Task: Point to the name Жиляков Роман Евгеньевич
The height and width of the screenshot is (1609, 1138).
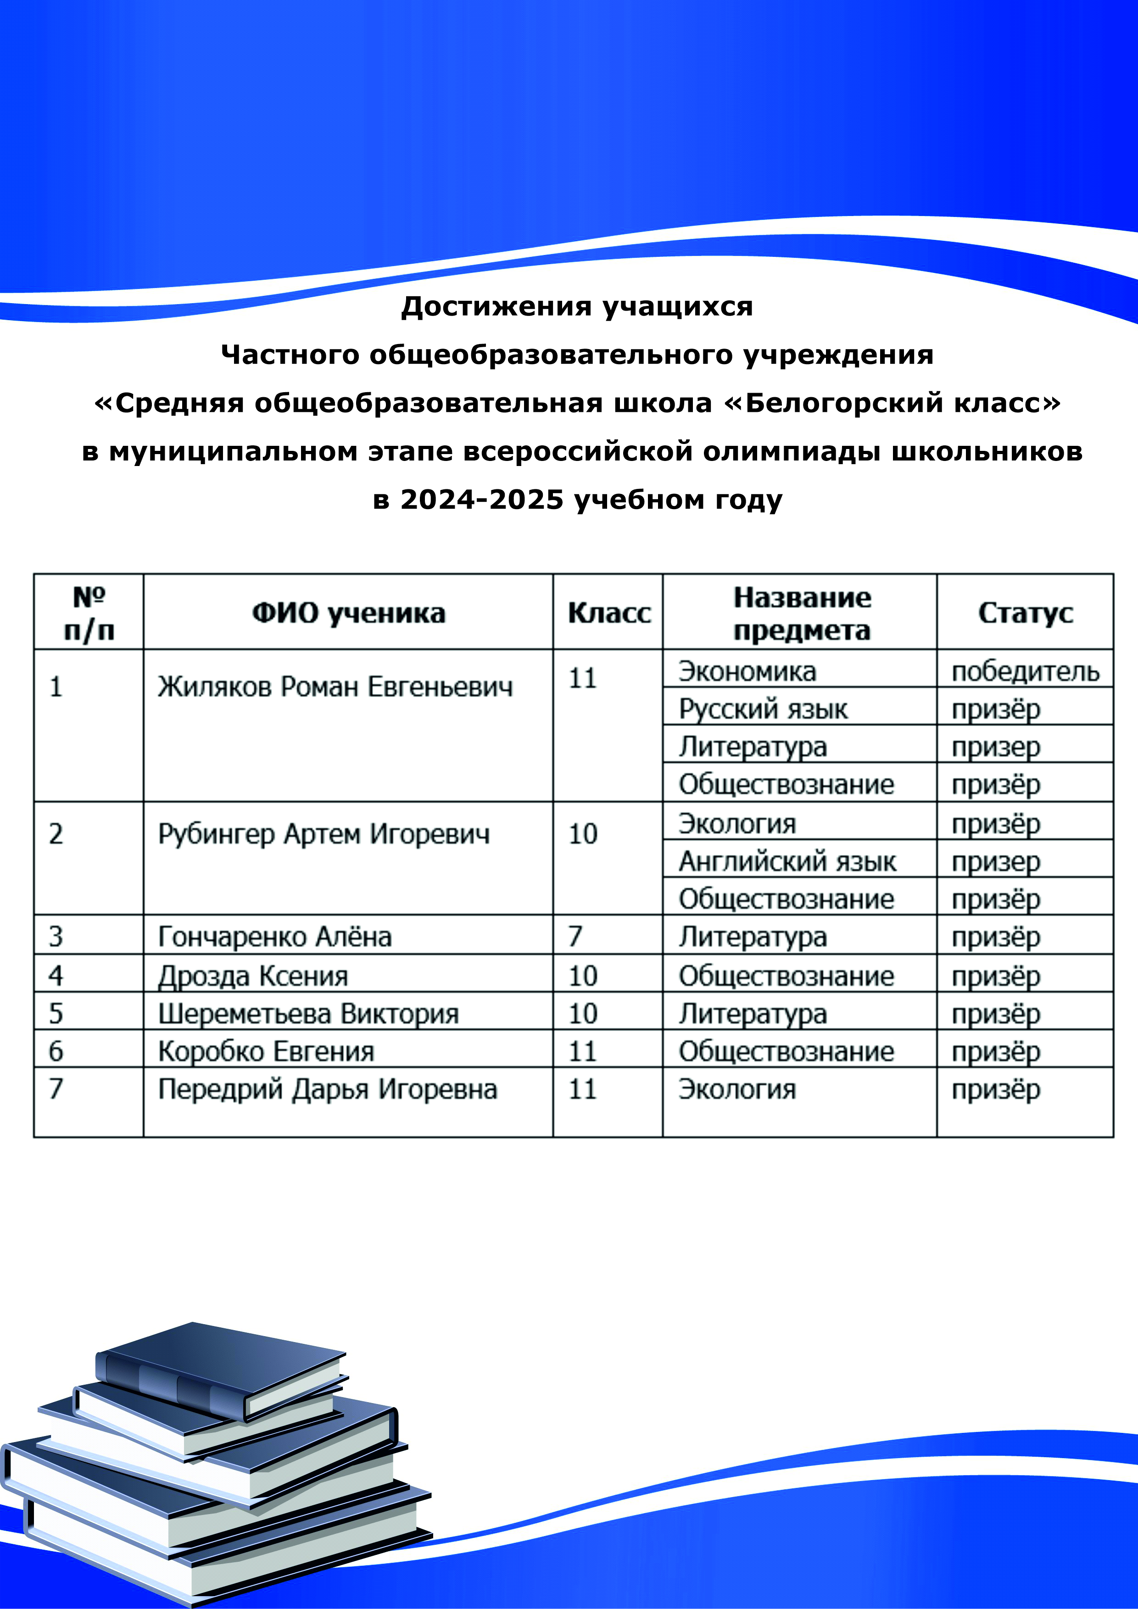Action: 335,687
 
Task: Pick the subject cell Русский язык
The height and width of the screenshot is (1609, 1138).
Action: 763,709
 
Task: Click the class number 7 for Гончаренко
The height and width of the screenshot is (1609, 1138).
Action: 575,936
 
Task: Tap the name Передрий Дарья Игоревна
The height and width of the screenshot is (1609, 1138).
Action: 328,1089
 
